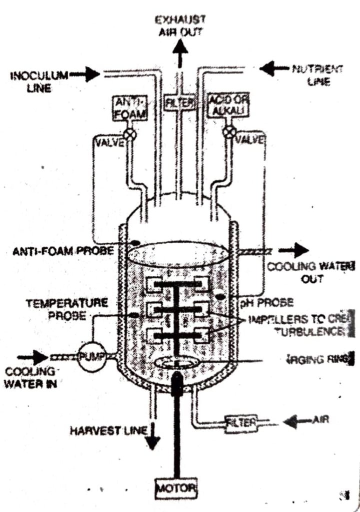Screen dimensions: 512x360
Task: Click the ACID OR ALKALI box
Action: pos(227,105)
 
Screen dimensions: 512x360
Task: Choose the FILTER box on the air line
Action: pos(241,422)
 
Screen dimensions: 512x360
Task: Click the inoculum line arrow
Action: pos(90,74)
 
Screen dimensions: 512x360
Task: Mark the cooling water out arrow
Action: pos(299,250)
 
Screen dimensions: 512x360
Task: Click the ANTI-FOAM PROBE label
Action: pos(63,250)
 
